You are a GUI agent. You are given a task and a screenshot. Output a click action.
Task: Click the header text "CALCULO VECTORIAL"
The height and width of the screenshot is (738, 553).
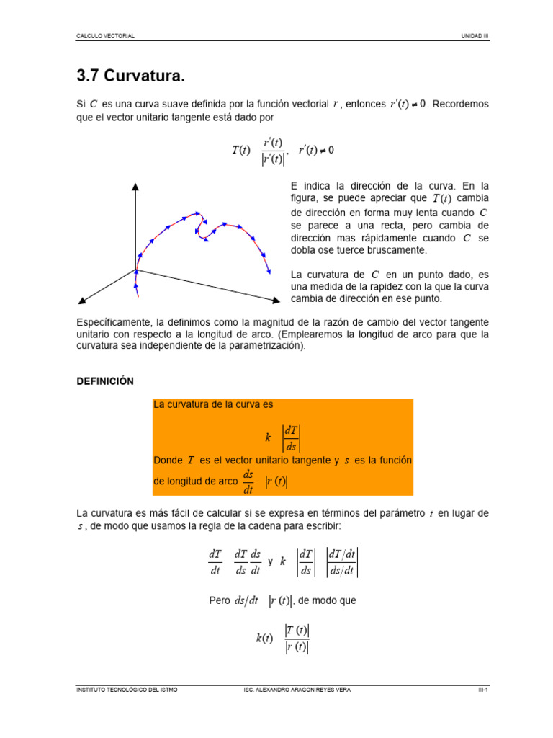(105, 36)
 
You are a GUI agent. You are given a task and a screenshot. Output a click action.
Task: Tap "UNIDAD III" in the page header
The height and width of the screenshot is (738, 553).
(475, 36)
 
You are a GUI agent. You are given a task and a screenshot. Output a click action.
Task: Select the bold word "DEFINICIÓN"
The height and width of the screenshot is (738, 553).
(105, 381)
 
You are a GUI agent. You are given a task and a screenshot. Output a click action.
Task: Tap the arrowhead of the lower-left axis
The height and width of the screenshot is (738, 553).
(81, 299)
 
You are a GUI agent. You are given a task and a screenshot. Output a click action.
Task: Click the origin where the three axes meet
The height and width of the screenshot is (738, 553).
(135, 270)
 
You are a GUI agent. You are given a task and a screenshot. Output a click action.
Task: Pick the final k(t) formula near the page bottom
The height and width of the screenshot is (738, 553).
(283, 639)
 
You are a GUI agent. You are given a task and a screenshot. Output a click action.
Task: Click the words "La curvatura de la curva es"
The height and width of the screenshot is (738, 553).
(213, 405)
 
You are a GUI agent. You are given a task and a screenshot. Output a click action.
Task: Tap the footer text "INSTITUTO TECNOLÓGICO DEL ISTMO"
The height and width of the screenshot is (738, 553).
(127, 690)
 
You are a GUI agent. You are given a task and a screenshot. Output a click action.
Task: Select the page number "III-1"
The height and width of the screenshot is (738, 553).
(483, 690)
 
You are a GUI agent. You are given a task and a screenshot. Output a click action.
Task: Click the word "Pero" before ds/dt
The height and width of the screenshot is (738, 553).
(220, 600)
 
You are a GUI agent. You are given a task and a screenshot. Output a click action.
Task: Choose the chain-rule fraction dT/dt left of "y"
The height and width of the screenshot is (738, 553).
(215, 561)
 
